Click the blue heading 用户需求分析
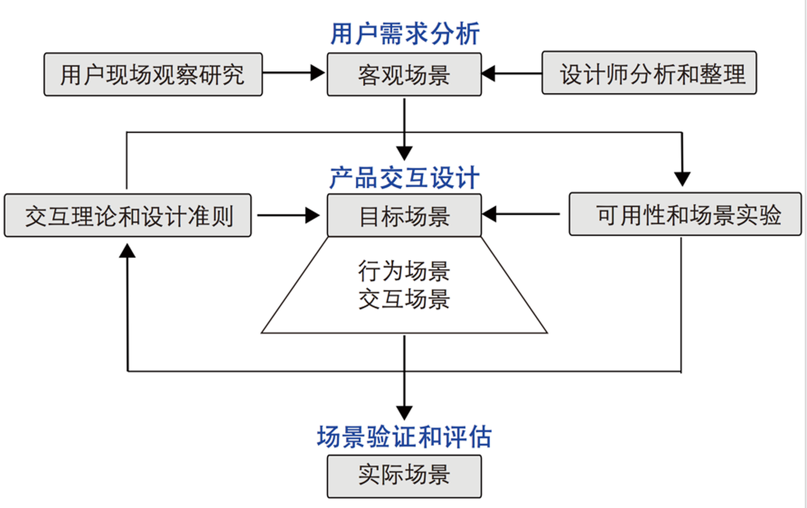[404, 34]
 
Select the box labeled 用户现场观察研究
[152, 75]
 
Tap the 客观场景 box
[404, 75]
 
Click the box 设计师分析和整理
[649, 73]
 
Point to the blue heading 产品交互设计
[404, 178]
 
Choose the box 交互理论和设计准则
[128, 216]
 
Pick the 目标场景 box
[404, 216]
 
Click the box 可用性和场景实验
[685, 215]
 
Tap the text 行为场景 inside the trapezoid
[404, 271]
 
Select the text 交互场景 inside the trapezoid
[404, 299]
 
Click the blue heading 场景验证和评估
[404, 437]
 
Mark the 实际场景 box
[404, 475]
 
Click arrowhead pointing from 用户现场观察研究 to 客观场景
[318, 73]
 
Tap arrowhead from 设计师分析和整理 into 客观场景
[489, 73]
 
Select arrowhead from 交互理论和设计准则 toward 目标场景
[313, 215]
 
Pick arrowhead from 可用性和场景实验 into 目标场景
[489, 214]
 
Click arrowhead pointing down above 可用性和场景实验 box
[682, 179]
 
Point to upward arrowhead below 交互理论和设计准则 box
[128, 251]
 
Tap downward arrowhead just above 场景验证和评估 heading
[404, 413]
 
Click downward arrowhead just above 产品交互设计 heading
[404, 153]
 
